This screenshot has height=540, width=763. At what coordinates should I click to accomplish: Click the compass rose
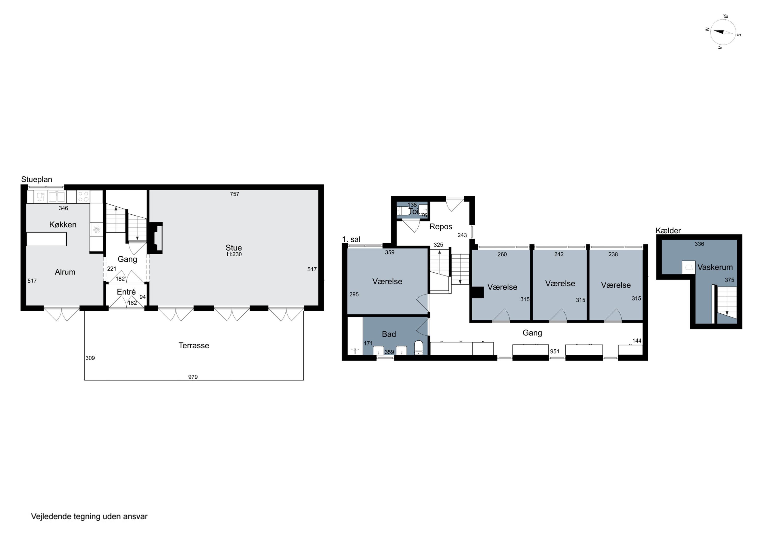pyautogui.click(x=723, y=32)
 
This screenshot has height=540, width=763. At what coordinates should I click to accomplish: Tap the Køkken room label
pyautogui.click(x=63, y=225)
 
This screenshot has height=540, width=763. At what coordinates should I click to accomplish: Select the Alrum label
pyautogui.click(x=65, y=272)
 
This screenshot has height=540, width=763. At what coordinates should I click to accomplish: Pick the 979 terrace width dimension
pyautogui.click(x=193, y=377)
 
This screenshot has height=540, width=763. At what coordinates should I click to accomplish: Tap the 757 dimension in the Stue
pyautogui.click(x=234, y=194)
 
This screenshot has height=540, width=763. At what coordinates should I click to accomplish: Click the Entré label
pyautogui.click(x=126, y=292)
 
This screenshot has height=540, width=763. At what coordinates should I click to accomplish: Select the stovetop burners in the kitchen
pyautogui.click(x=83, y=196)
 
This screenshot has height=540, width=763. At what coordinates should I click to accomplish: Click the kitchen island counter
pyautogui.click(x=47, y=239)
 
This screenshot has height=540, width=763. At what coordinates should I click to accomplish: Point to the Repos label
pyautogui.click(x=441, y=227)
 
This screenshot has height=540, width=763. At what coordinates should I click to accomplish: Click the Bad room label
pyautogui.click(x=389, y=334)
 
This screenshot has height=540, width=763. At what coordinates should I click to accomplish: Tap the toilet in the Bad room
pyautogui.click(x=419, y=348)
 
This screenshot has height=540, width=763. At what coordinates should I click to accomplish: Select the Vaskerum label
pyautogui.click(x=715, y=267)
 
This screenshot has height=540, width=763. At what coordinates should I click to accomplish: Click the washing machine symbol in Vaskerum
pyautogui.click(x=688, y=268)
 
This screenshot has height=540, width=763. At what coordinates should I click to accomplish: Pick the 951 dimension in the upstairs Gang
pyautogui.click(x=555, y=351)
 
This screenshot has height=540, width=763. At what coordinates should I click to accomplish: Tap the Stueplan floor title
pyautogui.click(x=37, y=179)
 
